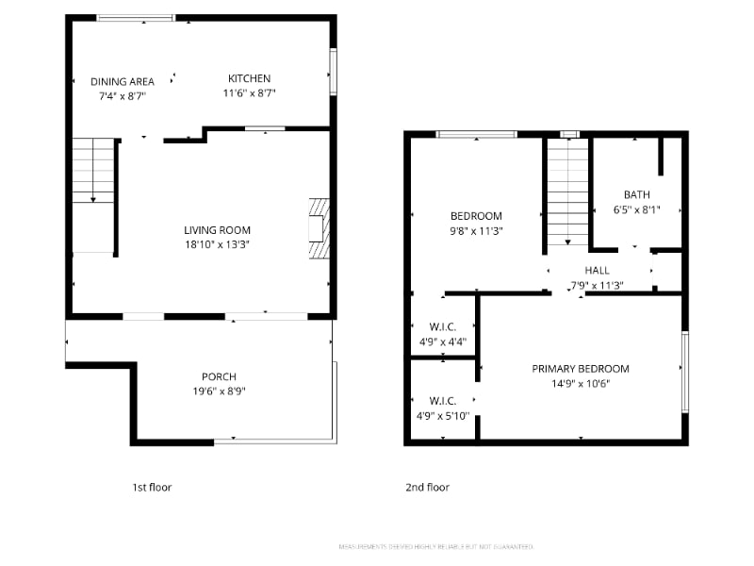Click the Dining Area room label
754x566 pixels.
(123, 81)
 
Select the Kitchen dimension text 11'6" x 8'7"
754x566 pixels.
(249, 93)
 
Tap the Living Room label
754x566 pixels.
(217, 230)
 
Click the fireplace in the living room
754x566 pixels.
(320, 228)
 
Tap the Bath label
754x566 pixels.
(636, 195)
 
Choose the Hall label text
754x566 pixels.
(597, 271)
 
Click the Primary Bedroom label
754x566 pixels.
(581, 369)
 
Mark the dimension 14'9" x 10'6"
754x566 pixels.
(581, 383)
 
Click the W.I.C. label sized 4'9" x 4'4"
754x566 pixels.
(442, 328)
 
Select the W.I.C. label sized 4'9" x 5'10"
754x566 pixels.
(442, 400)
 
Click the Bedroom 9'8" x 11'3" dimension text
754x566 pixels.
(476, 230)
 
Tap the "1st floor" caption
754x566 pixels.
(152, 488)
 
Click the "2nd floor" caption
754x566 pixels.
(427, 488)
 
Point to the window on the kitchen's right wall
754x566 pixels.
(333, 71)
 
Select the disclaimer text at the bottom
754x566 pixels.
(435, 547)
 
